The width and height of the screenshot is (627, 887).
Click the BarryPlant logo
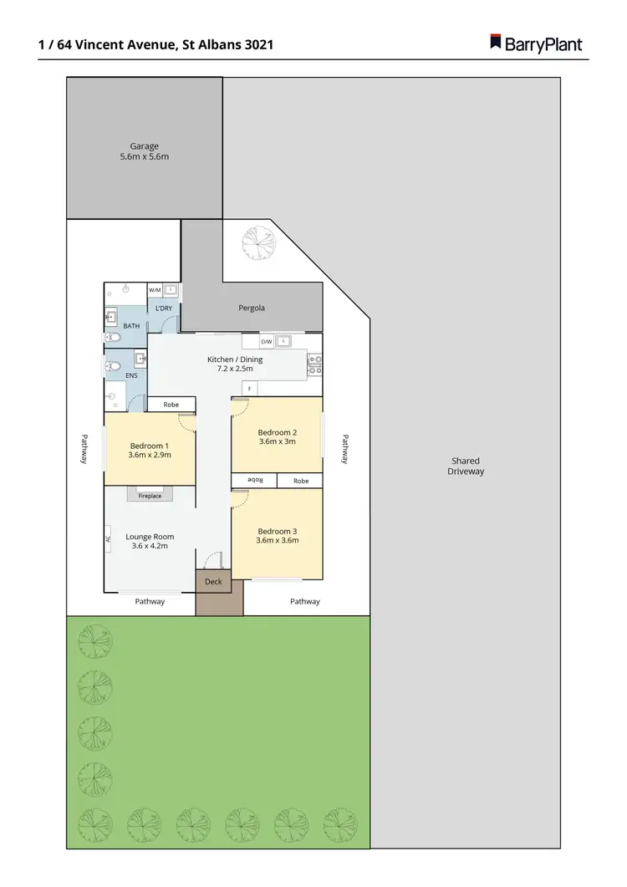pos(535,43)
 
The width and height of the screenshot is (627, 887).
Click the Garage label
pos(144,146)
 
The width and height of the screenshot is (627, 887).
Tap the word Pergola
pos(252,308)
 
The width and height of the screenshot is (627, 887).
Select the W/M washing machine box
pos(155,290)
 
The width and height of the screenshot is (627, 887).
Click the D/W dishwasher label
pos(266,341)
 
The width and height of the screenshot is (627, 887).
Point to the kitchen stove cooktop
pos(315,364)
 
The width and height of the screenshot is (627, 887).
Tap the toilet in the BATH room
pos(113,338)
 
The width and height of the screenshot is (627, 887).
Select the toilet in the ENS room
pos(113,365)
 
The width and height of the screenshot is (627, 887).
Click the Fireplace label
pos(150,496)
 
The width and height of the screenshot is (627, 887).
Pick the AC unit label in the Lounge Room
pos(108,538)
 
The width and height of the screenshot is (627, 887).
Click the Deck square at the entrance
pos(213,582)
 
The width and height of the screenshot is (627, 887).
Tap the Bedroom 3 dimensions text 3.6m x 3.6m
pos(278,540)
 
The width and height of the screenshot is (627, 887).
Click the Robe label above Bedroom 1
pos(171,405)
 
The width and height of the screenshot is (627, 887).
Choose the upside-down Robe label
pos(254,481)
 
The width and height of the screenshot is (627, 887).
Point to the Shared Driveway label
pos(466,466)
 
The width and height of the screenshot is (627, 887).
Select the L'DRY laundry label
pos(164,308)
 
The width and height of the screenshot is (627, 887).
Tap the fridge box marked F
pos(248,389)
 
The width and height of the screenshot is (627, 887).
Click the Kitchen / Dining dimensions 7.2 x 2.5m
pos(235,369)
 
